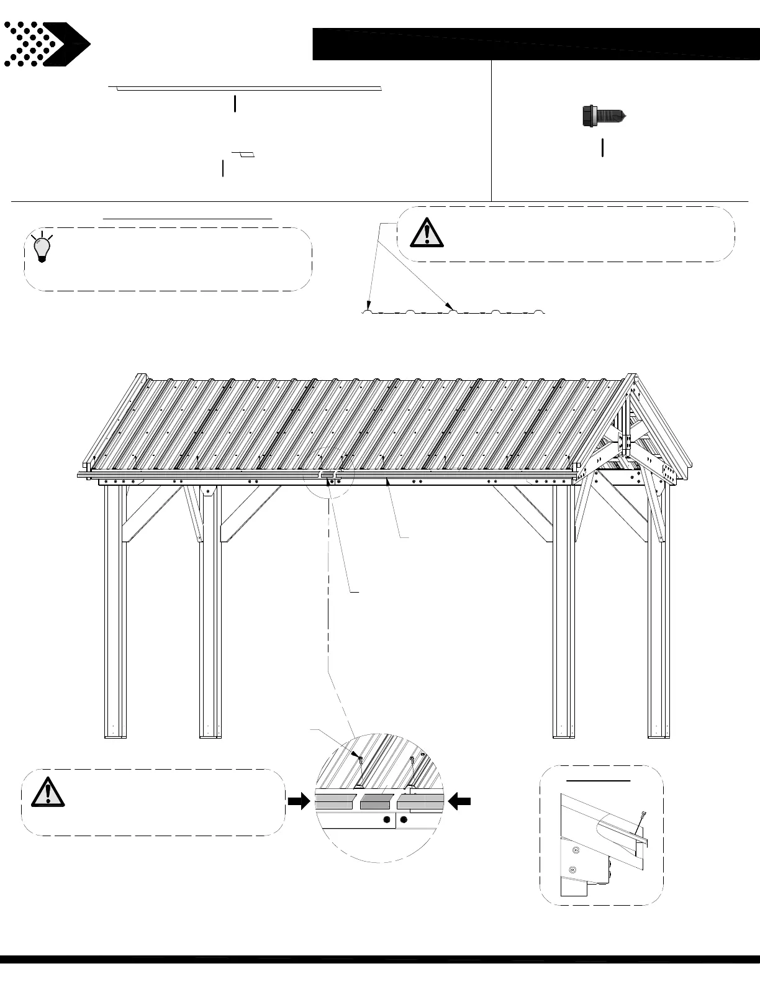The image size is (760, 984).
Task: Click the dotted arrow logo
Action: [47, 44]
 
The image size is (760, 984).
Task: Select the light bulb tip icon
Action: [42, 247]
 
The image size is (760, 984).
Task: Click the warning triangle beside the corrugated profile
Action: [427, 233]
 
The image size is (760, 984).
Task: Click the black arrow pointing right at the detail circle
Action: [299, 802]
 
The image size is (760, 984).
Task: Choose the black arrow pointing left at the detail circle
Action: [459, 802]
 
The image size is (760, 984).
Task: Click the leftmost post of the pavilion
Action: [115, 609]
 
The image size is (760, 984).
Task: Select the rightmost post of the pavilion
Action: [658, 609]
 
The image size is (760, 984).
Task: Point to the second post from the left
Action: [210, 609]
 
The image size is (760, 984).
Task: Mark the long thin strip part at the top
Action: [248, 89]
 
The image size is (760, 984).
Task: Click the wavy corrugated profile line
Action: [453, 311]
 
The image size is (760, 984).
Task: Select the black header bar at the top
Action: [535, 44]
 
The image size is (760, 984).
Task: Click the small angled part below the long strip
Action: [244, 153]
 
